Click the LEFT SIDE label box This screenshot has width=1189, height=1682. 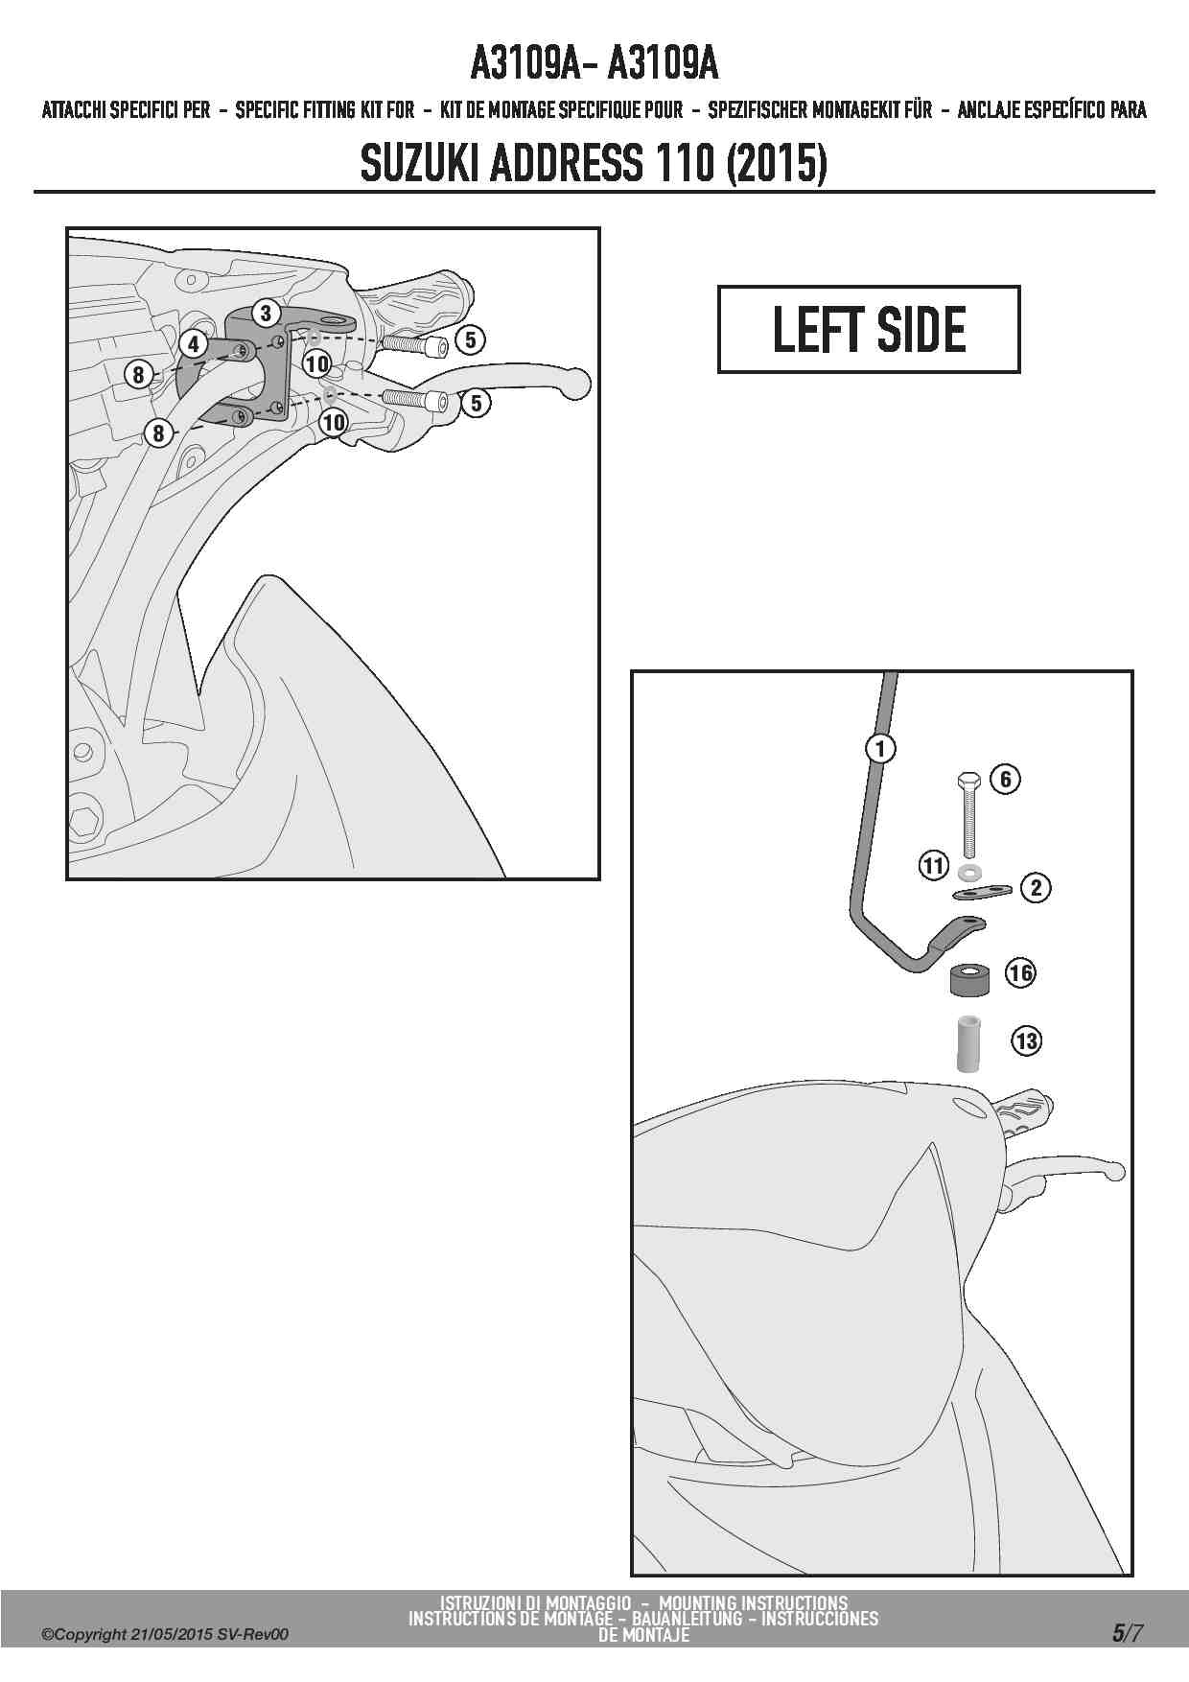[x=869, y=329]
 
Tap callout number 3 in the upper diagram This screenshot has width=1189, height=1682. [x=267, y=313]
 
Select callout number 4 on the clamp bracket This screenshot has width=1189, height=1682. [x=194, y=343]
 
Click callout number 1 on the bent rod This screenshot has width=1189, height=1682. [x=879, y=747]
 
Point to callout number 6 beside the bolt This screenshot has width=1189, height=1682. [x=1005, y=779]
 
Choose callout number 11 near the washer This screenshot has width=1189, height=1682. [x=934, y=866]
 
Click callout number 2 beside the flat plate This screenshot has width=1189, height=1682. [x=1036, y=888]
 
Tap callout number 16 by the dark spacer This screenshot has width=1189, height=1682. [x=1020, y=973]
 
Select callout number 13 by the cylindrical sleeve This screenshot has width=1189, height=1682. [x=1026, y=1040]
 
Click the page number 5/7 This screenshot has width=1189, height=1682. [x=1127, y=1633]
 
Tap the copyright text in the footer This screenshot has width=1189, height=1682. [x=164, y=1634]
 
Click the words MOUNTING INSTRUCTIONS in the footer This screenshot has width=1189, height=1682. [x=754, y=1602]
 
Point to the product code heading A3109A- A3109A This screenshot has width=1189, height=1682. [x=594, y=64]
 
